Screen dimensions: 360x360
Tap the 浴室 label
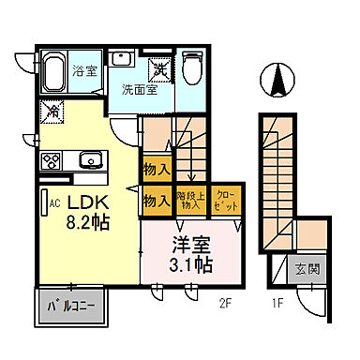coord(85,68)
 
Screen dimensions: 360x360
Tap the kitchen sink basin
coord(91,157)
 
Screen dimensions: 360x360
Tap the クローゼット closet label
coord(225,200)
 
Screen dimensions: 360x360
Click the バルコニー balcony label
coord(71,306)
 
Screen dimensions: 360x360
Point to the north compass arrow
coord(277,80)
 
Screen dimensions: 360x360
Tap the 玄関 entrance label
coord(307,270)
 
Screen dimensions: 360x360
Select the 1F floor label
coord(277,303)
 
